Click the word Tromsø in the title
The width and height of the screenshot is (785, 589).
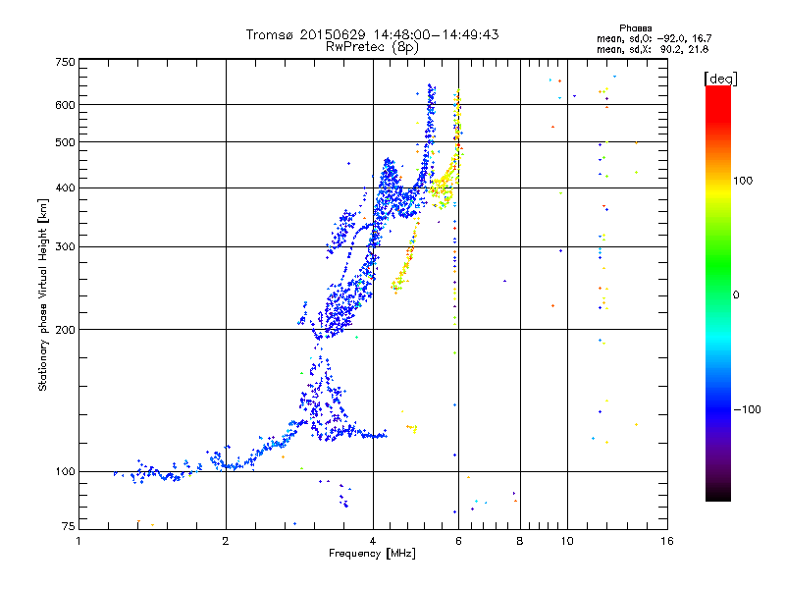[x=270, y=34]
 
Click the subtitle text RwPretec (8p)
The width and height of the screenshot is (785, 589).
[x=372, y=47]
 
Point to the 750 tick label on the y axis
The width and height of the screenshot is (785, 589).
[x=65, y=62]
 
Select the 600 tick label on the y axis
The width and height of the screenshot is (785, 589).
[x=65, y=105]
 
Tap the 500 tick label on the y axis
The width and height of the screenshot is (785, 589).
[x=65, y=142]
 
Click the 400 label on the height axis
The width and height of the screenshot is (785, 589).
[x=65, y=187]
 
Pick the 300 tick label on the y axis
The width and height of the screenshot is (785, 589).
[x=65, y=247]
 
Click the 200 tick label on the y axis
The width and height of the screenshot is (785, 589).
[x=65, y=330]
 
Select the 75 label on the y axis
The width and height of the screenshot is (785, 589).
[x=69, y=526]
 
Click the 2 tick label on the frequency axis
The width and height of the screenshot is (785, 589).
[x=226, y=541]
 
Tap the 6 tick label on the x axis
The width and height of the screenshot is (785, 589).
[x=458, y=541]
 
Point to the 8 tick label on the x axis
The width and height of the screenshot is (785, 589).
[x=520, y=541]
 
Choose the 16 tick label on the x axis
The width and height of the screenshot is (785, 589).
[x=667, y=541]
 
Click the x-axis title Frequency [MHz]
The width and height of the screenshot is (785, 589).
[x=372, y=554]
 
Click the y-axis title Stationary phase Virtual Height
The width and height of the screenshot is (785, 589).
[x=42, y=309]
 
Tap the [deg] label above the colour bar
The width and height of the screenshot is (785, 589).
[x=720, y=79]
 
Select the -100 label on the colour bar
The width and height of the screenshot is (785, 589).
[x=747, y=409]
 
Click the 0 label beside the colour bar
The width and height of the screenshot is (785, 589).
[x=736, y=295]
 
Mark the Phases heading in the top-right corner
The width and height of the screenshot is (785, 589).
[x=635, y=28]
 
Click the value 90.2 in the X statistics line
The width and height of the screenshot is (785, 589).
[x=670, y=49]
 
